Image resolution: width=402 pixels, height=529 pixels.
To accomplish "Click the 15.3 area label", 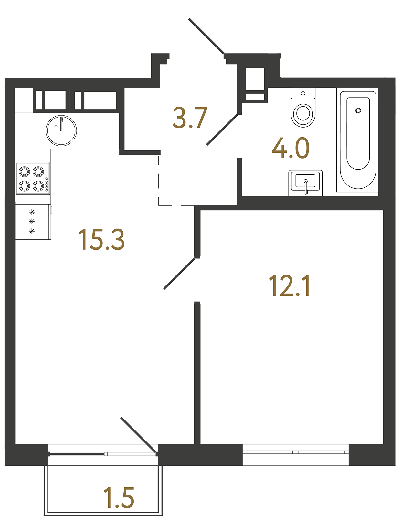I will [101, 239].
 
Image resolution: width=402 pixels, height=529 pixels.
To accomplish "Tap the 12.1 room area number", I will [289, 285].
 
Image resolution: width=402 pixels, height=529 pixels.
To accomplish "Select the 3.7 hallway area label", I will [190, 118].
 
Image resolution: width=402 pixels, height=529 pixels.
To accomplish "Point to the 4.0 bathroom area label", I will [291, 148].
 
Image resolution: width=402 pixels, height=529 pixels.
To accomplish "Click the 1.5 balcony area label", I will [119, 498].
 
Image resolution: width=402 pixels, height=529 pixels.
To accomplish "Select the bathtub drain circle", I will [358, 111].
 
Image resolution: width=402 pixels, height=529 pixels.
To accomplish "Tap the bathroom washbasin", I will [305, 182].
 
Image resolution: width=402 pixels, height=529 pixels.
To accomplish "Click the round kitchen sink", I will [61, 131].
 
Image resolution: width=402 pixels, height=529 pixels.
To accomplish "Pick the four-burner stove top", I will [33, 178].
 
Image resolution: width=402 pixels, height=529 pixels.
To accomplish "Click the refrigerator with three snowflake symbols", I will [33, 222].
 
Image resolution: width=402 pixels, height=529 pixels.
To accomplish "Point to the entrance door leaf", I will [206, 36].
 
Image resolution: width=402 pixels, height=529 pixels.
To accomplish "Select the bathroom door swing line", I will [222, 130].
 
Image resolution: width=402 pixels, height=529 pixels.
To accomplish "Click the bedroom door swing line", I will [179, 273].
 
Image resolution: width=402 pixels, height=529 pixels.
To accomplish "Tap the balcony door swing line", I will [139, 435].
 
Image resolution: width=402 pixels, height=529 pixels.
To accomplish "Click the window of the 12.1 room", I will [295, 452].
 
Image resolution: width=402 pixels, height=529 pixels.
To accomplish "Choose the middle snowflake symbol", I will [32, 222].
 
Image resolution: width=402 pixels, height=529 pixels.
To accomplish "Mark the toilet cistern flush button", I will [303, 93].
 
